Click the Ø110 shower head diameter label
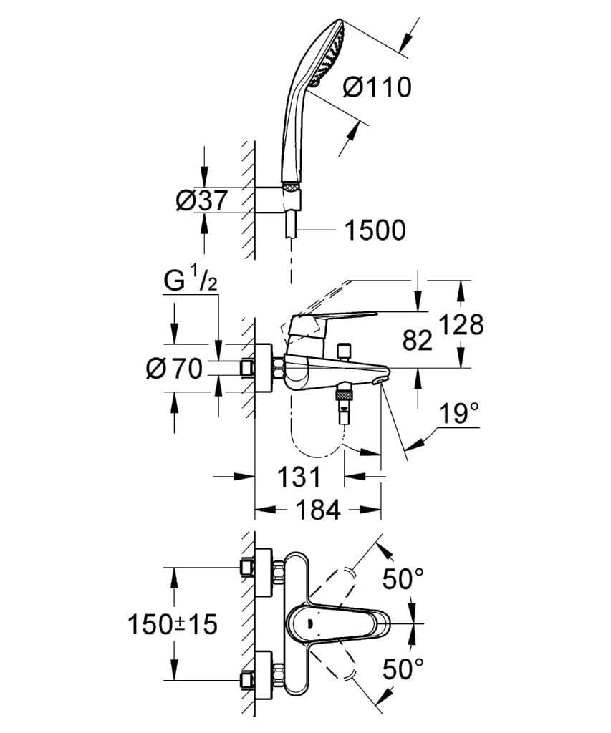tap(377, 87)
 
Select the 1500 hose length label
tap(375, 230)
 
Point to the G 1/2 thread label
tap(190, 281)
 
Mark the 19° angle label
tap(458, 413)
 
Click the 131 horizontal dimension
tap(299, 476)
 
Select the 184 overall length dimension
tap(318, 510)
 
